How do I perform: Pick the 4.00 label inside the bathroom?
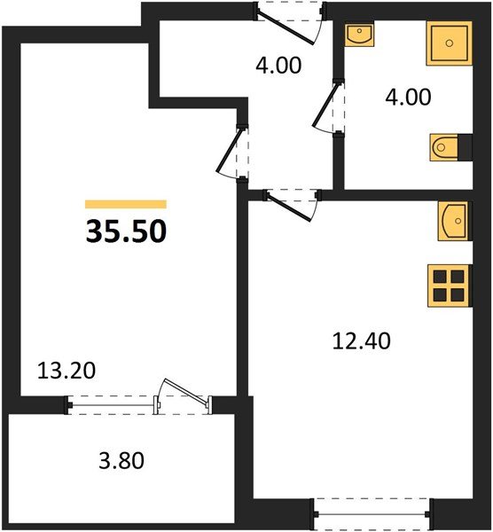coord(406,96)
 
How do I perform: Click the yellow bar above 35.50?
coord(126,204)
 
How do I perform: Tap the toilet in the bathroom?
coord(445,146)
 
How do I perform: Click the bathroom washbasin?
coord(360,38)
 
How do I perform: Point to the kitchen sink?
coord(452,221)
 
